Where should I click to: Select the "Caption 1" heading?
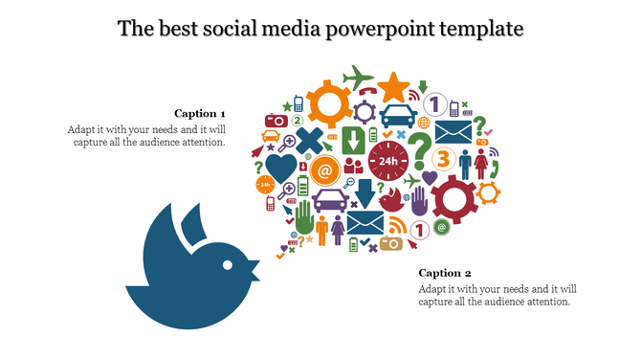click(x=200, y=113)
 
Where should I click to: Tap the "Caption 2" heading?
click(x=445, y=273)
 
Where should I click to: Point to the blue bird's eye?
click(x=228, y=261)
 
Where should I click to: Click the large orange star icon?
click(x=392, y=88)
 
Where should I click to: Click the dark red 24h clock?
click(x=387, y=162)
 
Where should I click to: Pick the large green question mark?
click(x=418, y=151)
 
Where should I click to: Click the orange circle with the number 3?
click(x=443, y=158)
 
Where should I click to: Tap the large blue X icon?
click(x=311, y=145)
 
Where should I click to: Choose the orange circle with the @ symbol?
click(x=325, y=172)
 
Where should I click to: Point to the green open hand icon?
click(x=304, y=217)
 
